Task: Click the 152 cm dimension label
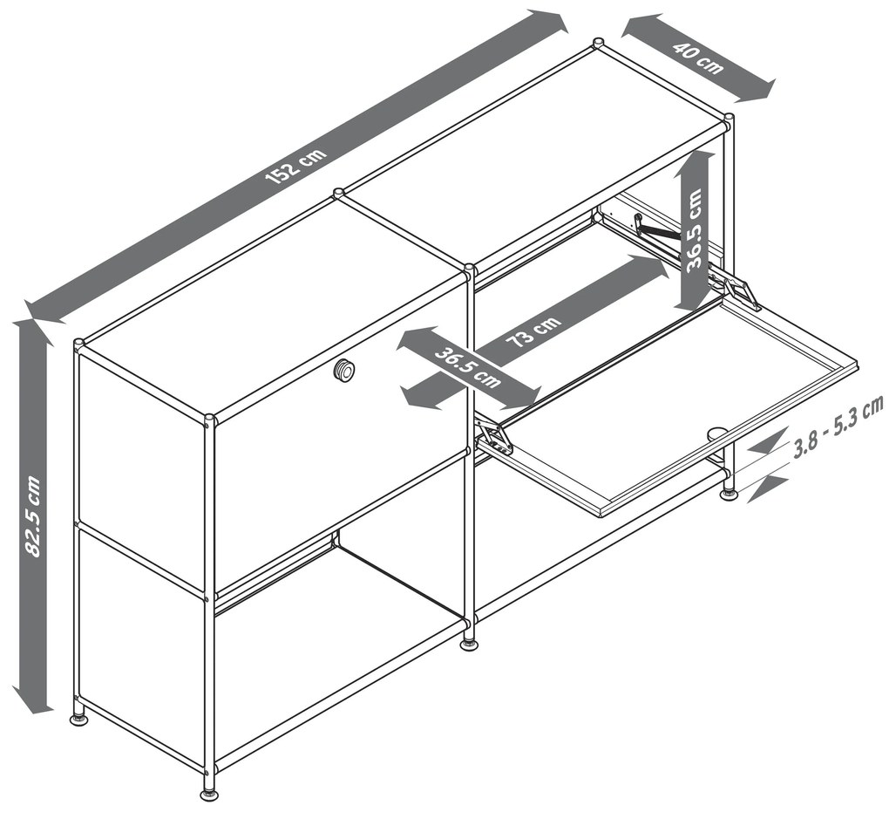click(x=296, y=166)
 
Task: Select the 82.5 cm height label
click(x=33, y=516)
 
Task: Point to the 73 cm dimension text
click(x=533, y=332)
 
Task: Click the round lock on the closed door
click(x=344, y=370)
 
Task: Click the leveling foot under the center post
click(x=470, y=645)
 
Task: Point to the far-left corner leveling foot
click(x=79, y=719)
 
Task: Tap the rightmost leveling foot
click(x=730, y=495)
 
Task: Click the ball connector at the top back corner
click(x=598, y=43)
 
